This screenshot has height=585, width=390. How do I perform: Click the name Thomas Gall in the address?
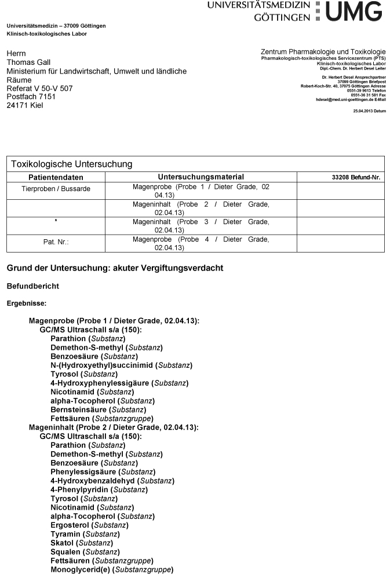point(28,62)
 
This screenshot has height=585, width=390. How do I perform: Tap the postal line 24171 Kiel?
point(24,105)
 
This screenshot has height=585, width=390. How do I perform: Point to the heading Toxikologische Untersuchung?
point(72,164)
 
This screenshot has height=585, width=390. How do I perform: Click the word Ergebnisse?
point(26,303)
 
